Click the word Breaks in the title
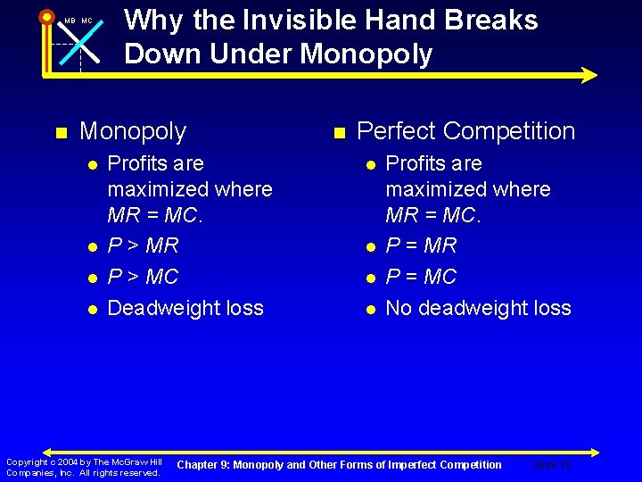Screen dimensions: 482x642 [x=493, y=21]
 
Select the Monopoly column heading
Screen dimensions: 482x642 [x=133, y=131]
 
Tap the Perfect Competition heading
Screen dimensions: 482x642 [x=465, y=131]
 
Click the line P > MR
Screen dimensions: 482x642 [x=143, y=245]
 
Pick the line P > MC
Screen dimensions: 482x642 [x=143, y=277]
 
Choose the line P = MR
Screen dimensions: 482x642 [x=421, y=245]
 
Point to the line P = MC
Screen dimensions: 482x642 [x=421, y=277]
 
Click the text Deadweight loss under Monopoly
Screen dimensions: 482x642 [x=185, y=308]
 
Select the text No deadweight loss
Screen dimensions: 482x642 [x=478, y=308]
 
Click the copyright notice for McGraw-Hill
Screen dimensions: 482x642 [x=83, y=467]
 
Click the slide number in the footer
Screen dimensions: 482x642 [x=551, y=465]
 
